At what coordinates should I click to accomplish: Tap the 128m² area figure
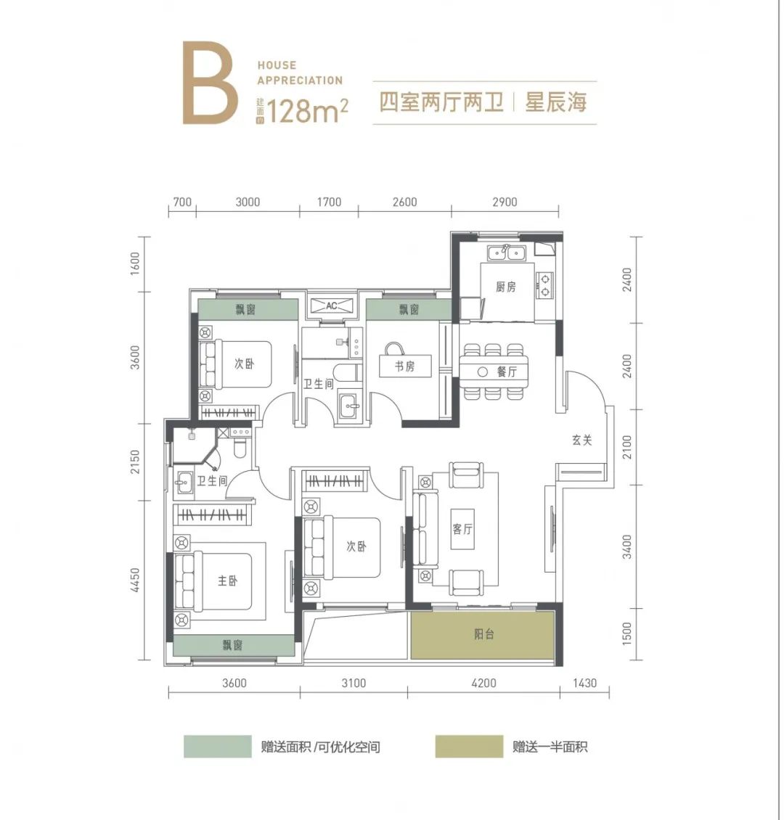[307, 110]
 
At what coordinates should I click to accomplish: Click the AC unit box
[332, 306]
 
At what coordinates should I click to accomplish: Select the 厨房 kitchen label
[506, 287]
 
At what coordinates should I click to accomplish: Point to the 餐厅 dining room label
[507, 372]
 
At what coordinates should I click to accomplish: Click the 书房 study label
[405, 366]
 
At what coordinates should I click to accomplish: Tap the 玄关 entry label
[582, 440]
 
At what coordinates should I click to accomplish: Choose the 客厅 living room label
[462, 529]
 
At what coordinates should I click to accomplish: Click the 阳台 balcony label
[483, 634]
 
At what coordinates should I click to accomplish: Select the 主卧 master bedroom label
[227, 581]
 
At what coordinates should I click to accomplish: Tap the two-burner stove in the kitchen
[544, 285]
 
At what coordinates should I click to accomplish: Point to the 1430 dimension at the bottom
[584, 683]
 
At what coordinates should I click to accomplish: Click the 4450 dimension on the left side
[135, 580]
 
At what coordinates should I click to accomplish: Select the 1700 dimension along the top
[329, 202]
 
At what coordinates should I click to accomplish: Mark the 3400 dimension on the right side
[627, 546]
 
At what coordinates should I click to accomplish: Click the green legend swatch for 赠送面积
[218, 746]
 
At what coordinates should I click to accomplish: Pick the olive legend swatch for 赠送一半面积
[469, 746]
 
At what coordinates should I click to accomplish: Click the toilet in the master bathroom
[240, 448]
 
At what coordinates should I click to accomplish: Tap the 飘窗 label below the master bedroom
[233, 645]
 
